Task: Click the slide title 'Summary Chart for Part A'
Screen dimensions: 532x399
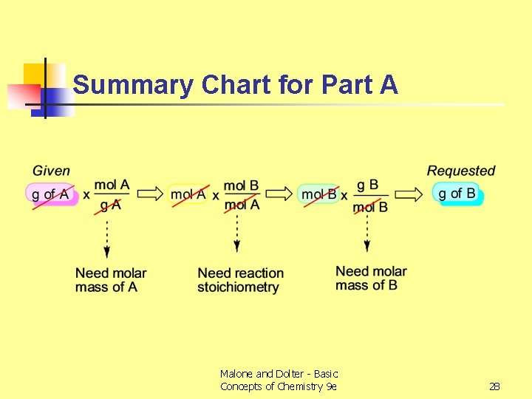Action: (236, 86)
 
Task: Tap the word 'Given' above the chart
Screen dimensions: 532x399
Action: (51, 171)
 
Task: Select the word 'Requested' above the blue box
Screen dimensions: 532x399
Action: (461, 171)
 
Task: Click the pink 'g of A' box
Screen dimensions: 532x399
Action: (51, 194)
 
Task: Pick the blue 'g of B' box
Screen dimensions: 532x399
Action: (457, 194)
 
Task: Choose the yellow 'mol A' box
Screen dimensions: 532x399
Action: (188, 194)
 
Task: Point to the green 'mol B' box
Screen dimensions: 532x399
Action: (318, 194)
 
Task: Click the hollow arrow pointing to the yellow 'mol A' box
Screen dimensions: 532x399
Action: (151, 194)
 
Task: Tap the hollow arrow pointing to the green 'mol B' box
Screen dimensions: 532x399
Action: (279, 194)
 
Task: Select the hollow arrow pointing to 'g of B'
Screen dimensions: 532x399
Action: (409, 194)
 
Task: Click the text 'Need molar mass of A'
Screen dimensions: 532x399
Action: (111, 280)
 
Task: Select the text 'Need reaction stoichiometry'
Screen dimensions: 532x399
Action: (240, 280)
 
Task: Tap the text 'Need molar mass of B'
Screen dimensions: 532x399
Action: (371, 278)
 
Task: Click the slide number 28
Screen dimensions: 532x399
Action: (494, 386)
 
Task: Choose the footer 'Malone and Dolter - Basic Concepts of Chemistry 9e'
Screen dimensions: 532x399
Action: (279, 380)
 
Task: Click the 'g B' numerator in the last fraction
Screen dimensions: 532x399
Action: (367, 184)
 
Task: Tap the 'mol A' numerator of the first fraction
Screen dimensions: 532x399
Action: (112, 185)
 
